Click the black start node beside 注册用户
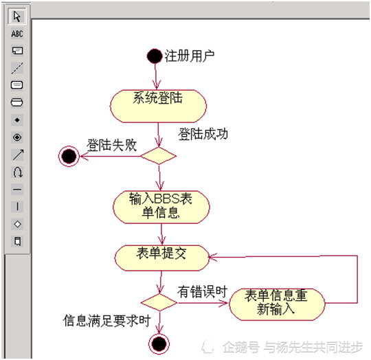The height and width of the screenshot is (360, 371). coord(155,56)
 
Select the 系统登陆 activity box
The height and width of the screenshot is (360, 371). coord(158,106)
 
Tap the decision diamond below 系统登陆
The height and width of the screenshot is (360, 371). coord(159,156)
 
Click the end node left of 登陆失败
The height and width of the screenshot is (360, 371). coord(69,157)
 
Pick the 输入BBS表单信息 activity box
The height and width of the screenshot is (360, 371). coord(161,207)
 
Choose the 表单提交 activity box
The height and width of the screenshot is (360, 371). coord(162,258)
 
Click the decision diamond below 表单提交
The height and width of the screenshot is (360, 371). coord(159,302)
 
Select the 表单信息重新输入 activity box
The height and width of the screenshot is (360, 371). coord(277,304)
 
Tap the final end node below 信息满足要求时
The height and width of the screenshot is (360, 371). coord(159,344)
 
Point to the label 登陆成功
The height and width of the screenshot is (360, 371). coord(203,134)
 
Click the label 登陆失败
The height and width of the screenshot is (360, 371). coord(112,145)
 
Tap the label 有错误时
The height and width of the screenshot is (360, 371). coord(203,292)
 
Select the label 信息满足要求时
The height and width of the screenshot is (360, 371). coord(106,321)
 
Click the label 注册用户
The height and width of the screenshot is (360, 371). coord(190,56)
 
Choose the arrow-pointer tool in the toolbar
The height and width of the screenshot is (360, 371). coord(17,16)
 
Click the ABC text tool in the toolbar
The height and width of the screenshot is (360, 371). coord(17,34)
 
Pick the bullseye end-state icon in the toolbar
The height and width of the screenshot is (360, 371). coord(17,137)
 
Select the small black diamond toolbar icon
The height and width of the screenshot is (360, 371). coord(17,120)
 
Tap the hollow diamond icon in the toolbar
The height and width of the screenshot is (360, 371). coord(17,224)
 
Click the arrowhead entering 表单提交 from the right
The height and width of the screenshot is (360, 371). coord(212,257)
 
